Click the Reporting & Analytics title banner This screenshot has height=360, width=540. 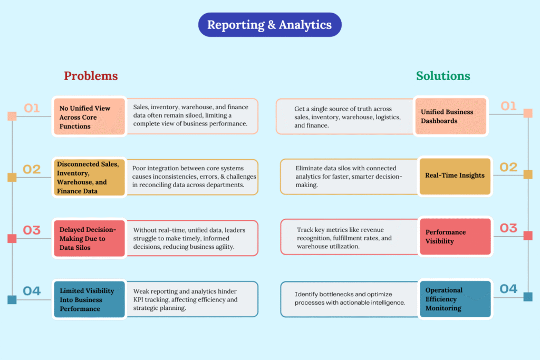[269, 25]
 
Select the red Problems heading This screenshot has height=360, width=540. [91, 76]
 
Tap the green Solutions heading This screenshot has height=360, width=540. [443, 76]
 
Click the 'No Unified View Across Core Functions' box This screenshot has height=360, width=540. [89, 117]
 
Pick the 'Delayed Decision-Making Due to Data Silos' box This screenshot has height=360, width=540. [89, 238]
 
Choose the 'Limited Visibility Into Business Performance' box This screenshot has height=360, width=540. [89, 299]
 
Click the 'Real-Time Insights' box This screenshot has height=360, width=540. [455, 176]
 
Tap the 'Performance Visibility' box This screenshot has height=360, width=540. [455, 237]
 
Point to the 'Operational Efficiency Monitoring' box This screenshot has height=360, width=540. [455, 299]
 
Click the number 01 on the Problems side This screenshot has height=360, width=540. [32, 108]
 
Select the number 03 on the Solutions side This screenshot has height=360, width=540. [508, 228]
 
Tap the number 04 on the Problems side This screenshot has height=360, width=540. [32, 290]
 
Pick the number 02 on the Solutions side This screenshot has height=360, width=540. [508, 167]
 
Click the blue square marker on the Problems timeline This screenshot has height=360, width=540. [12, 300]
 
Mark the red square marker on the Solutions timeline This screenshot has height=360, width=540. [528, 236]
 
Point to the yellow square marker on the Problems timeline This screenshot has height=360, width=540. [12, 177]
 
